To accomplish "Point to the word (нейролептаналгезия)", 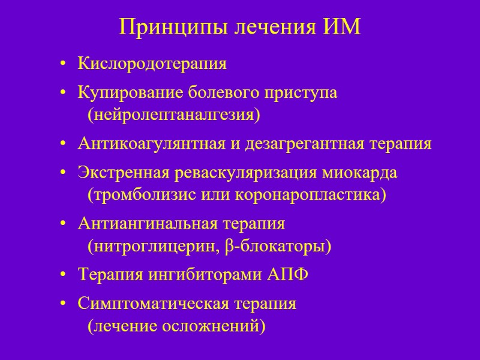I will [x=174, y=114].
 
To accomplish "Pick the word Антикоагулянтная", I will [x=147, y=144].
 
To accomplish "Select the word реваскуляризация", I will [x=246, y=173].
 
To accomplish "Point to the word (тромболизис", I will [x=134, y=195].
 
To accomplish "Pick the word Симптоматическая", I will [x=149, y=303].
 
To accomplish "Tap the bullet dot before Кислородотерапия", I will [x=64, y=64].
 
